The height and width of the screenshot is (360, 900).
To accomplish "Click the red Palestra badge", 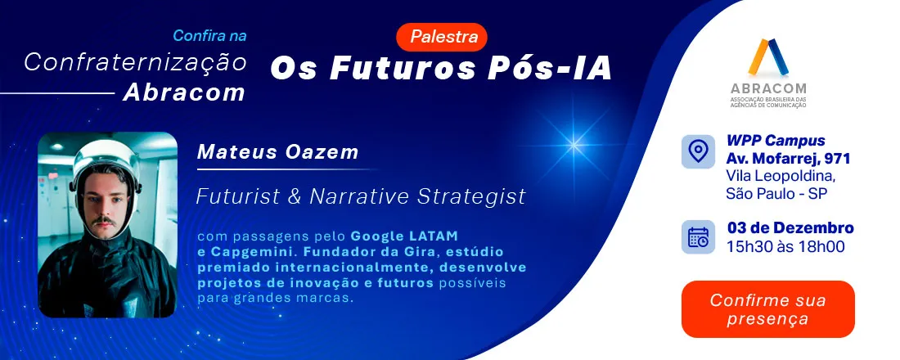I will point(442,37).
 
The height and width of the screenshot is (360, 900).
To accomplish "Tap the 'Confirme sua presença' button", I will point(767,309).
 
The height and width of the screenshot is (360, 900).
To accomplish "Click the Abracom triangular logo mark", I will point(768,57).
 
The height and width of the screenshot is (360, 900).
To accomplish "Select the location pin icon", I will point(697,152).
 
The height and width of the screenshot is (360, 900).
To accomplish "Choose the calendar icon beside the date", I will point(697,237).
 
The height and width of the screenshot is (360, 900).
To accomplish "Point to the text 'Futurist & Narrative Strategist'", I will point(361,197).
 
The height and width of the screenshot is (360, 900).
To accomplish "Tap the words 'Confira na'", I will point(209,36).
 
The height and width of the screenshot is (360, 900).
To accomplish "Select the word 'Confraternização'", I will point(135,61).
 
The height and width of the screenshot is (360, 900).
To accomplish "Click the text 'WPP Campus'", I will point(776,141).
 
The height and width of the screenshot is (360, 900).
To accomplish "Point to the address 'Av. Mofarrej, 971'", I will point(781,158).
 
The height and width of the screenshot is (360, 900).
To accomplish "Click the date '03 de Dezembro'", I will point(790,228).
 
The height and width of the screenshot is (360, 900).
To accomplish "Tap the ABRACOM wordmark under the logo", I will point(768,88).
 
